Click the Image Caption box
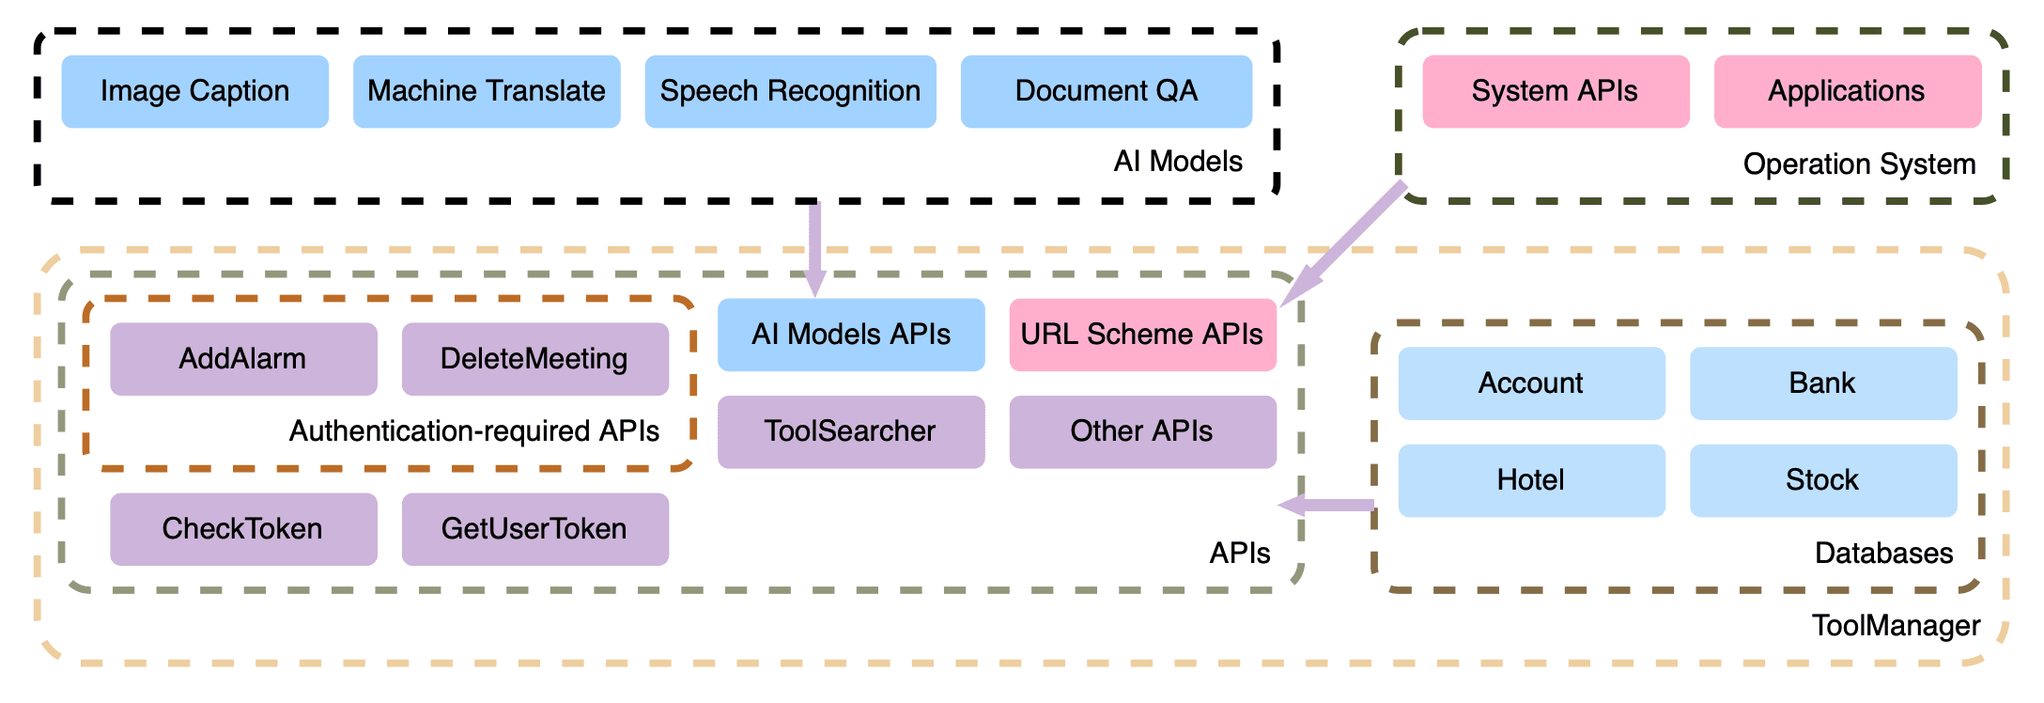(x=195, y=91)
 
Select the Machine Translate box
(x=487, y=91)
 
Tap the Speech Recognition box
(x=790, y=91)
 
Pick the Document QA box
(x=1107, y=91)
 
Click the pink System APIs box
(x=1556, y=91)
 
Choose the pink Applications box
(x=1848, y=91)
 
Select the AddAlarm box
(x=243, y=359)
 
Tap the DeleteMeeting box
(x=535, y=359)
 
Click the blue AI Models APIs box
(x=851, y=335)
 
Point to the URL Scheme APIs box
(x=1143, y=335)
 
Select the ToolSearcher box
(x=851, y=431)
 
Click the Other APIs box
(x=1143, y=431)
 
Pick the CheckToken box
(x=243, y=529)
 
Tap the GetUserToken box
(x=535, y=529)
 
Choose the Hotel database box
(x=1532, y=480)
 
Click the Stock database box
(x=1823, y=480)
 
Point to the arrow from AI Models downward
(x=815, y=249)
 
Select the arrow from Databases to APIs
(x=1326, y=506)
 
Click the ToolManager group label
(x=1896, y=626)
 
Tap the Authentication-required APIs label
(x=474, y=431)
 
